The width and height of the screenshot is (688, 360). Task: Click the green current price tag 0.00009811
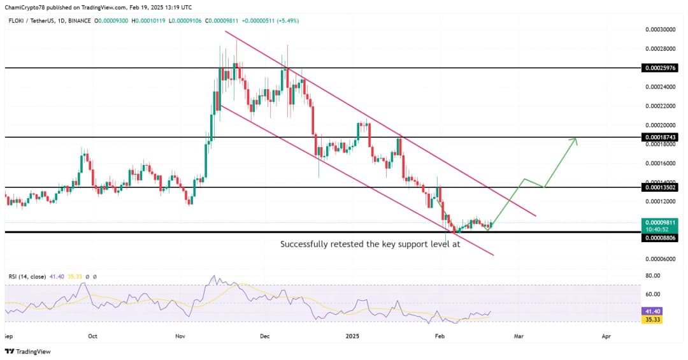[x=659, y=222]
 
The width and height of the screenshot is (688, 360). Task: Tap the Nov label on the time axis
[x=180, y=335]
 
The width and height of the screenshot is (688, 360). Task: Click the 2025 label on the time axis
[x=352, y=335]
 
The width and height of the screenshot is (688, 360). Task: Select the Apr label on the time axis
[x=606, y=335]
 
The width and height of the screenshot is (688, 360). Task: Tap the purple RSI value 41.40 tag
[x=654, y=310]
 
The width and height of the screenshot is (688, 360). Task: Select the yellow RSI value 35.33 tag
[x=654, y=319]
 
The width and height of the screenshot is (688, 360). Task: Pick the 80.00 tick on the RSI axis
[x=652, y=277]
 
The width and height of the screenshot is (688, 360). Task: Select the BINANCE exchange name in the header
[x=80, y=21]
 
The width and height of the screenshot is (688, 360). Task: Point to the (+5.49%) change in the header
[x=287, y=21]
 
